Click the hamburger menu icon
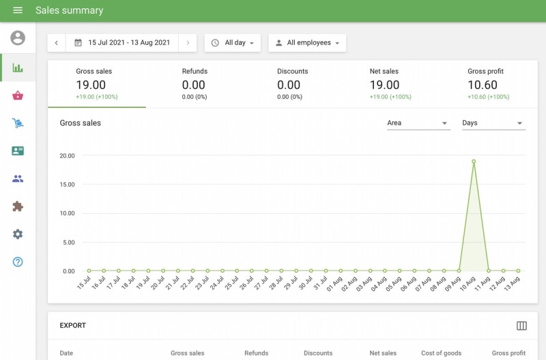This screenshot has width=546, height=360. pos(18,10)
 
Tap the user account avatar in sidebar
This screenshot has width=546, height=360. pos(18,38)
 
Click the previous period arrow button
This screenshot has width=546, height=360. pos(56,42)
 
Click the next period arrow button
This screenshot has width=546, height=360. pos(188,42)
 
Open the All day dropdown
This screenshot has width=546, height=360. pos(232,42)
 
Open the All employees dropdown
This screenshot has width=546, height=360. pos(307,42)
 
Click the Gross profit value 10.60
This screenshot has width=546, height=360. pos(483,85)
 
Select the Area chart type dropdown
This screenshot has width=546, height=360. pos(418,123)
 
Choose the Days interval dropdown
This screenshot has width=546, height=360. pos(492,123)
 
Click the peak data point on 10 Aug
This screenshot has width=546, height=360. pos(474,161)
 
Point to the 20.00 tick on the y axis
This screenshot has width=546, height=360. pos(67,155)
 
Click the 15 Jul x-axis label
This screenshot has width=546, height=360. pos(84,283)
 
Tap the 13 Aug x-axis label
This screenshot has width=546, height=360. pos(513,283)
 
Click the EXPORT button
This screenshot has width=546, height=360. pos(73,326)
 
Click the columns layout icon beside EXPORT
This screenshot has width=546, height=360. pos(521,326)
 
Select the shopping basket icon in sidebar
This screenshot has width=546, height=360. pos(18,96)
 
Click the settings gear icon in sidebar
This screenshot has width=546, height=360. pos(18,234)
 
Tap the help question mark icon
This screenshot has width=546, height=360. pos(18,262)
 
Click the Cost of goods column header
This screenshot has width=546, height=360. pos(441,353)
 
